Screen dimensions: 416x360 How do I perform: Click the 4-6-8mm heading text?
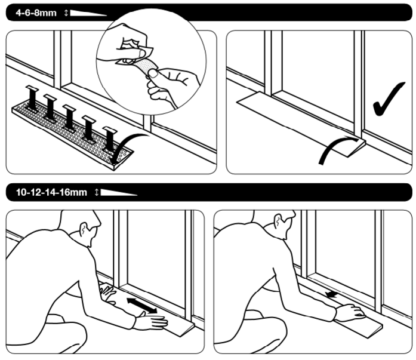click(x=36, y=13)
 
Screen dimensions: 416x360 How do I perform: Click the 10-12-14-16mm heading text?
click(x=51, y=192)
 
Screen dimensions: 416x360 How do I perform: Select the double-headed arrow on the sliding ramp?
click(x=142, y=306)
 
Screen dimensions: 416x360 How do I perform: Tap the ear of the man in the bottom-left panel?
click(x=84, y=229)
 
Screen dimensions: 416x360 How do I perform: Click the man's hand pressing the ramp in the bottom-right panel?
click(x=351, y=312)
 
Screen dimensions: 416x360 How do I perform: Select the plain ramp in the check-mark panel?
click(x=301, y=124)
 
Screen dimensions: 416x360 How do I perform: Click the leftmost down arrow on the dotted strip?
click(x=32, y=97)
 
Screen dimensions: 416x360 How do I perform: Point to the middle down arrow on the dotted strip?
click(x=69, y=118)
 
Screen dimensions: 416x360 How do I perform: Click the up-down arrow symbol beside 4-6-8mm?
click(x=66, y=13)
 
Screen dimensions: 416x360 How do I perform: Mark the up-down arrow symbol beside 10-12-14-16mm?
click(x=97, y=192)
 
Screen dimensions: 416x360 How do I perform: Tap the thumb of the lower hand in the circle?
click(x=153, y=73)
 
